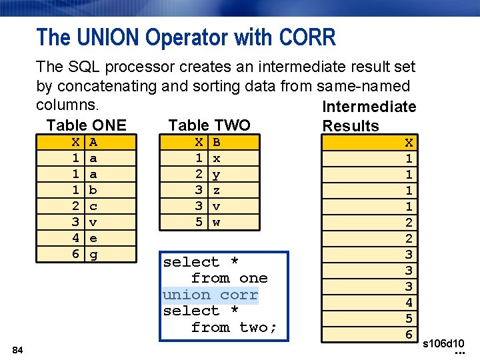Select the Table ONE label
pos(86,125)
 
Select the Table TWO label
pos(209,125)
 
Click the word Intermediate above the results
pos(369,107)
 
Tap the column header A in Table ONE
pos(93,142)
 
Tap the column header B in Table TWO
pos(216,142)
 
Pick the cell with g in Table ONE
pos(93,254)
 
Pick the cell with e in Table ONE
pos(93,238)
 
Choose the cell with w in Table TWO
pos(216,222)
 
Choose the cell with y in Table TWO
pos(216,174)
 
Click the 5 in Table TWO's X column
pos(199,222)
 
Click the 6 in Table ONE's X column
pos(76,254)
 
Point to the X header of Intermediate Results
pos(409,143)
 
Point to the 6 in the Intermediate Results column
pos(409,335)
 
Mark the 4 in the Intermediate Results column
pos(409,303)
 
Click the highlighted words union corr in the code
pos(210,295)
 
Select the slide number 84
pos(18,351)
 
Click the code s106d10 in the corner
pos(444,343)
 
